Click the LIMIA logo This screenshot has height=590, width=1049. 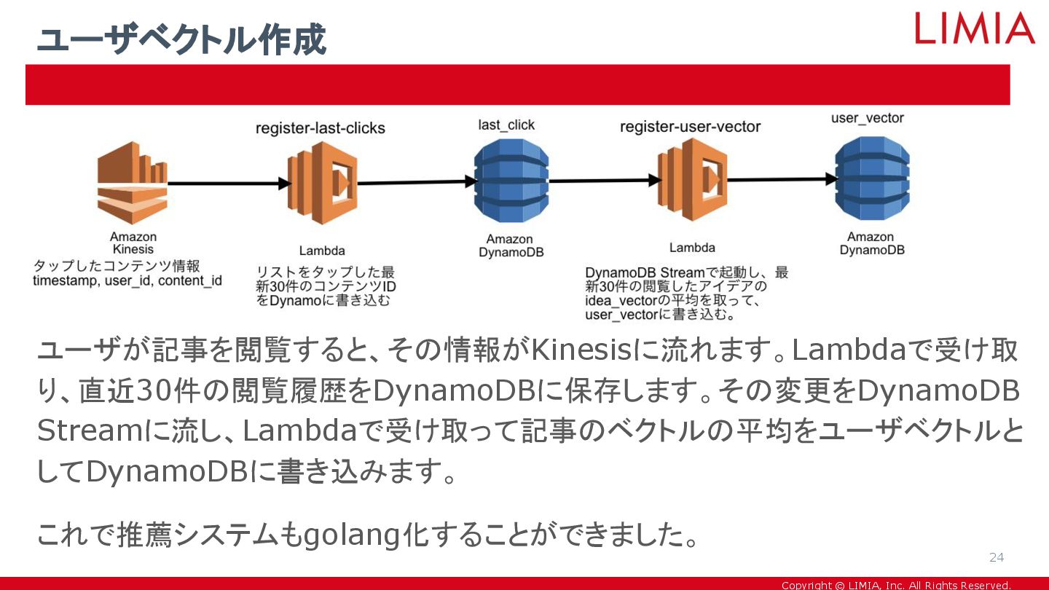coord(975,28)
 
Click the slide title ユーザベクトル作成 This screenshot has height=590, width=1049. coord(181,40)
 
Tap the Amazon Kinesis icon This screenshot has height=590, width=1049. coord(133,183)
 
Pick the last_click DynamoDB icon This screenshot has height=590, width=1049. coord(511,181)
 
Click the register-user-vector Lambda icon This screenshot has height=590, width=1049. coord(692,181)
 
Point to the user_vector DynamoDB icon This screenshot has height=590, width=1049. coord(872,178)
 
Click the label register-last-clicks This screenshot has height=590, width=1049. coord(321,128)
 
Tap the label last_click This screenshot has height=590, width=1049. coord(506,125)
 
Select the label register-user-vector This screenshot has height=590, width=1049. coord(690,127)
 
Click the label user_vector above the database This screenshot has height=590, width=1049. coord(868,118)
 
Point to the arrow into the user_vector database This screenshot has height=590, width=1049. coord(779,178)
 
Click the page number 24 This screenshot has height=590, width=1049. coord(996,558)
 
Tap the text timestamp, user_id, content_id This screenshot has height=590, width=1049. coord(127,280)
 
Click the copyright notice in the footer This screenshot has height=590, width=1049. coord(896,585)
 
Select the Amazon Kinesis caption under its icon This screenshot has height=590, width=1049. coord(133,243)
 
